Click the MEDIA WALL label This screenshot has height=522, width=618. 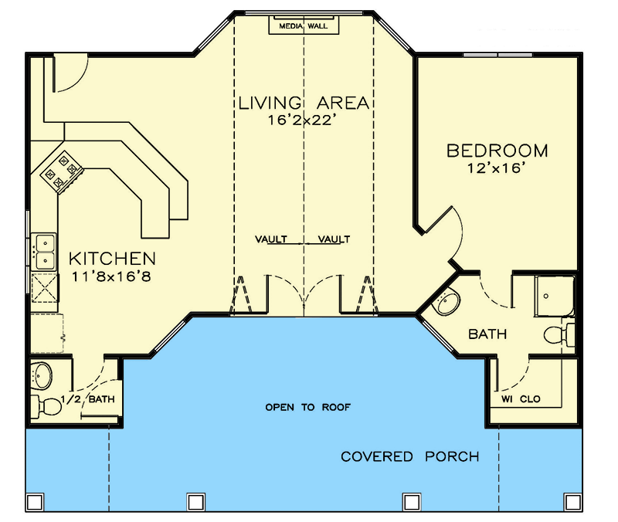[304, 26]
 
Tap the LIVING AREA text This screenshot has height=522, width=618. [304, 103]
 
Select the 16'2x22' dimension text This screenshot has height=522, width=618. [304, 120]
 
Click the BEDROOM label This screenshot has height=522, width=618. [497, 151]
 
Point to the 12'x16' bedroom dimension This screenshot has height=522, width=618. [497, 168]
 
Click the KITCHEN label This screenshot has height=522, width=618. [112, 259]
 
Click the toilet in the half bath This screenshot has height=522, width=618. [46, 404]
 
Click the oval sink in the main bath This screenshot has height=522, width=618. [447, 303]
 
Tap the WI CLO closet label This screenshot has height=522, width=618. [521, 399]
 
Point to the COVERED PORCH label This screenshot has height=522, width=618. [409, 456]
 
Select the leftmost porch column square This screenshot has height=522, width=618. [34, 503]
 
